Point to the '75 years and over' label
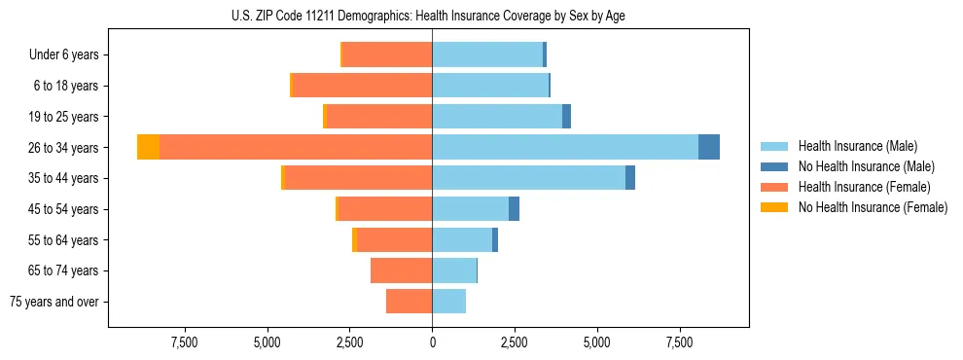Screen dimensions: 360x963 [54, 302]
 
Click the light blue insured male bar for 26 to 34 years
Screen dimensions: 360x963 [564, 147]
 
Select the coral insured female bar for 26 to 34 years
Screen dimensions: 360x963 [296, 147]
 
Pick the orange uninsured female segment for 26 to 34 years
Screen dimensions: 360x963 [148, 147]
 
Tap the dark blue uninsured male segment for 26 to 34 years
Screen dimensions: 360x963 [709, 147]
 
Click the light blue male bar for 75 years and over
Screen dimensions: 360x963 [448, 302]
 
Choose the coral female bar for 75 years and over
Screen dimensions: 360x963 [409, 302]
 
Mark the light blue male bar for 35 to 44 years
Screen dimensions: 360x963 [528, 178]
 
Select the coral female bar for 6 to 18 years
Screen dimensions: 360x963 [362, 86]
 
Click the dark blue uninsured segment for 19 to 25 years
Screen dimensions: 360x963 [566, 117]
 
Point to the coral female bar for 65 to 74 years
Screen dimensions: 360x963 [401, 270]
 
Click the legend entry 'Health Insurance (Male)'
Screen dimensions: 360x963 [857, 146]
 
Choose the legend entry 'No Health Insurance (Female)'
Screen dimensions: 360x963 [873, 207]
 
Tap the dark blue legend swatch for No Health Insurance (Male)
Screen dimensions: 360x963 [774, 166]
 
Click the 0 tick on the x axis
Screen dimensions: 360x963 [432, 342]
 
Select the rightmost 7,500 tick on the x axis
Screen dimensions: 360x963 [680, 342]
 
